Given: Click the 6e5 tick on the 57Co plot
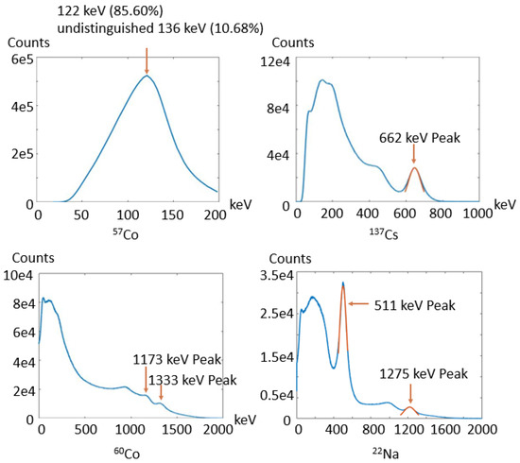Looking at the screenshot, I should pos(21,58).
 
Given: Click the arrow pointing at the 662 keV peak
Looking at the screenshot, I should pos(412,155).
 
